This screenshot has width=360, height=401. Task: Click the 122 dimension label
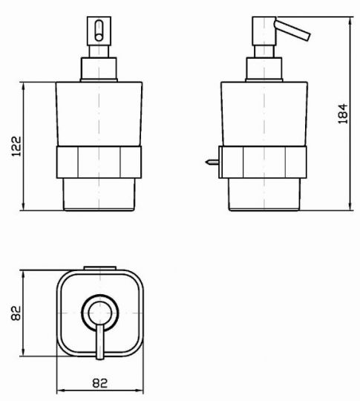[16, 146]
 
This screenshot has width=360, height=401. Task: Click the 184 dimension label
[343, 114]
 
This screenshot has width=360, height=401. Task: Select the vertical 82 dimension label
[16, 313]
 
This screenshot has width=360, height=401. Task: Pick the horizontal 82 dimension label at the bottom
[99, 383]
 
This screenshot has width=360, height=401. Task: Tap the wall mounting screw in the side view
[212, 162]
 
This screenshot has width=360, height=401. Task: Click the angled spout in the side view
[292, 30]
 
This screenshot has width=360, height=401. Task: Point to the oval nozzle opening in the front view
[99, 30]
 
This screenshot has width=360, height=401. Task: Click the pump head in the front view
[99, 31]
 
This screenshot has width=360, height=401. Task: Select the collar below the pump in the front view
[99, 69]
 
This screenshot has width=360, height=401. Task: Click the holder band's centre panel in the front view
[99, 162]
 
